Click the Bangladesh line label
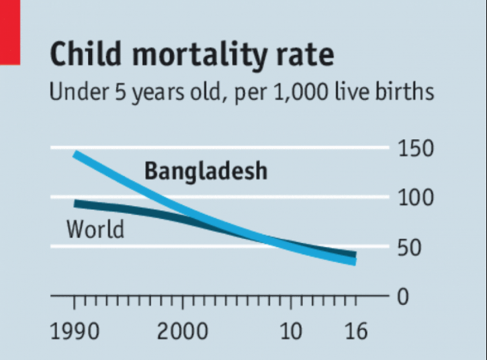pos(205,171)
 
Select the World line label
pos(95,229)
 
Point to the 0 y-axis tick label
pos(405,297)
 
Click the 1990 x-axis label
pos(74,333)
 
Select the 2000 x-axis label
pos(182,333)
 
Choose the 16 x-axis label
pos(355,333)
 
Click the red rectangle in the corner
pos(10,32)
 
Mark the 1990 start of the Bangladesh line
pos(76,154)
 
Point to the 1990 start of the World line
pos(76,203)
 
